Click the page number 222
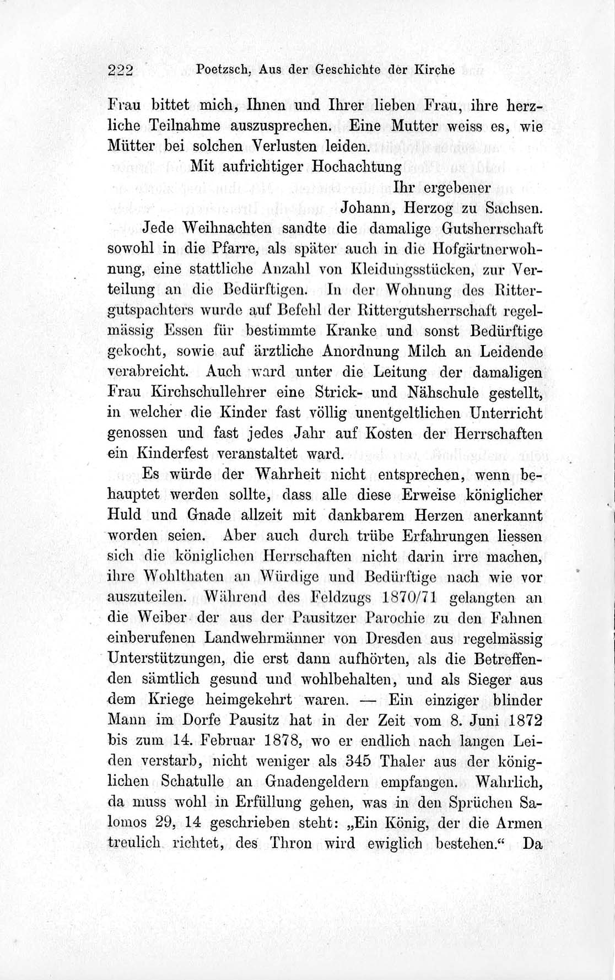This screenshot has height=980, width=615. tap(122, 70)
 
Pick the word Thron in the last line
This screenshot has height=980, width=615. tap(306, 844)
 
